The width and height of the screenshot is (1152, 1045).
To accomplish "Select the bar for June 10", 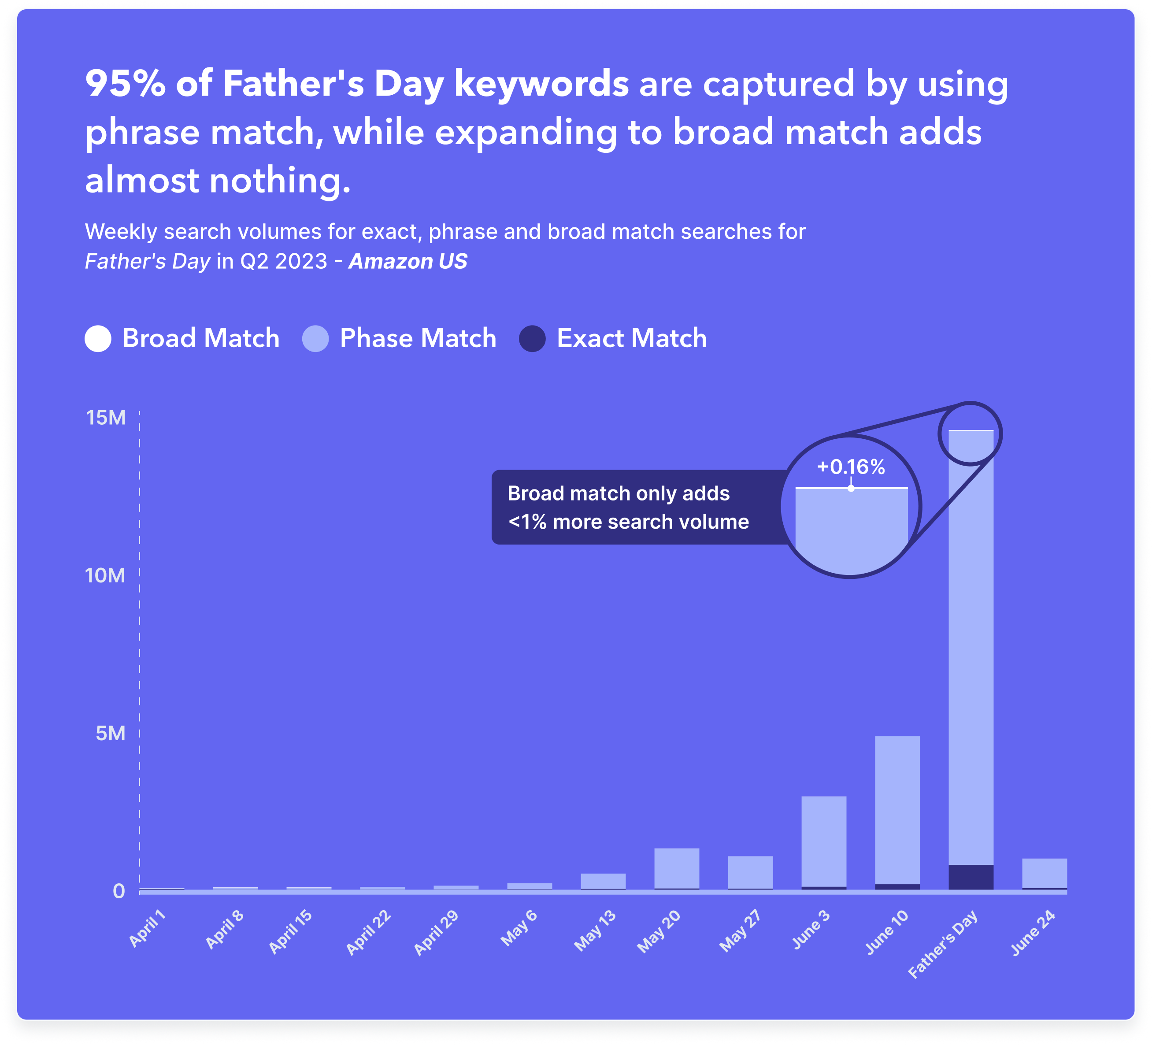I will [897, 812].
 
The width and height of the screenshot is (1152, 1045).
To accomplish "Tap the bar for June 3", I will [823, 842].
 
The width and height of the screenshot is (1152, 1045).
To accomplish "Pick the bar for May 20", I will [677, 868].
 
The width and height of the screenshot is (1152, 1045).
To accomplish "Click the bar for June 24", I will [1044, 874].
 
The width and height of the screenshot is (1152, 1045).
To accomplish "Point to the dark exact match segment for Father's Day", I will [971, 877].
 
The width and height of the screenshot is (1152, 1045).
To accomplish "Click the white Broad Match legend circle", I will [98, 338].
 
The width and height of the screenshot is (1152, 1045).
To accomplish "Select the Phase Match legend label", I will [418, 338].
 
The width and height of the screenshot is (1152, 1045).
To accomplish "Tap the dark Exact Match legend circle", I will [532, 338].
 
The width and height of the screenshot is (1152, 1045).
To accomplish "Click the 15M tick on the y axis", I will [106, 418].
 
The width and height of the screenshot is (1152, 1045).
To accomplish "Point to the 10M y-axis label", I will [105, 575].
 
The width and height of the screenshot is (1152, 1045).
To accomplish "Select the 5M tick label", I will [110, 733].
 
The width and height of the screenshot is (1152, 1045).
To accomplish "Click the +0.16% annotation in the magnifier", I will [850, 467].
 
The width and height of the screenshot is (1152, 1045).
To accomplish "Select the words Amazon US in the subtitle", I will [407, 261].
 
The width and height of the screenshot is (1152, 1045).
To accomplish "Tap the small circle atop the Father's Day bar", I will [970, 433].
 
